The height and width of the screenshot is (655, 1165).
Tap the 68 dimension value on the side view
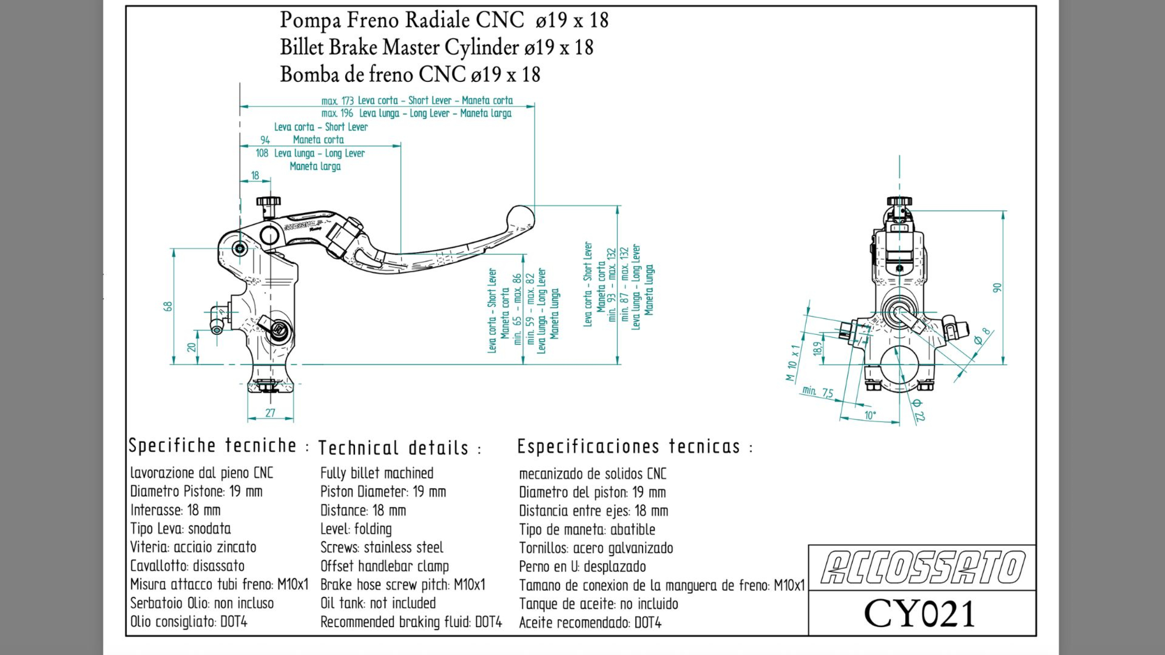168,306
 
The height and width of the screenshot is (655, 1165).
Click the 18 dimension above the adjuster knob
255,175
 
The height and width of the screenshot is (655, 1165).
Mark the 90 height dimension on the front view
997,288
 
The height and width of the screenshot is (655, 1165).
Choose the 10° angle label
870,415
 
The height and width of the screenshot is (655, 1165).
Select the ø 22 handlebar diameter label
918,409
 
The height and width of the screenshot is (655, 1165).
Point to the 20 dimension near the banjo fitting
192,347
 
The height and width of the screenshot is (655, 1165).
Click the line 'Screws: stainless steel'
382,548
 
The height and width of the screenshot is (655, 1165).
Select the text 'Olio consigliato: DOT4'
189,622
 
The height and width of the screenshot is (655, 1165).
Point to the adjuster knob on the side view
268,201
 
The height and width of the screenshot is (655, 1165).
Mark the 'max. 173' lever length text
337,101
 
